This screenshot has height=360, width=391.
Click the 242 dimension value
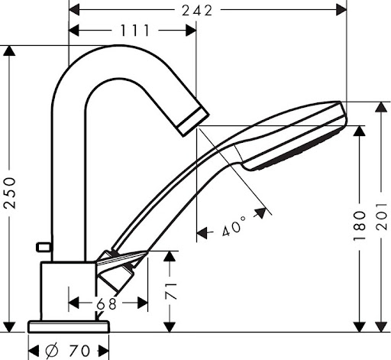(197, 11)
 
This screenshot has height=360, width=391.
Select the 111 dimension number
(135, 31)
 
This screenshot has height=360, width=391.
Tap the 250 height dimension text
(10, 193)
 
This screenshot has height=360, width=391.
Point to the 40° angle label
(234, 226)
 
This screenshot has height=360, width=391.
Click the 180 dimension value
(360, 226)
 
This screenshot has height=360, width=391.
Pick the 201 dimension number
(381, 216)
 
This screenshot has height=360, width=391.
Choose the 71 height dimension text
(171, 290)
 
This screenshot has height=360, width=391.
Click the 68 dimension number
(107, 303)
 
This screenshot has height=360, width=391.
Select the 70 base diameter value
(79, 351)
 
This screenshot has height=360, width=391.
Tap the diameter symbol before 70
(52, 351)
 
